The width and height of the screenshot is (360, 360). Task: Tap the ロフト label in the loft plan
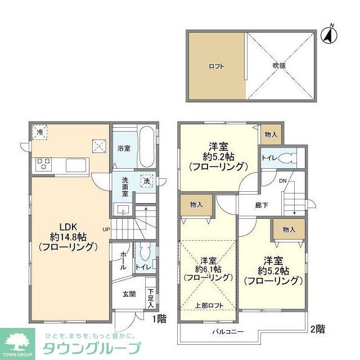pyautogui.click(x=216, y=66)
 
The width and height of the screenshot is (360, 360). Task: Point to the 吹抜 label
pyautogui.click(x=280, y=66)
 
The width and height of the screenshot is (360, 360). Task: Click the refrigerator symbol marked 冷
pyautogui.click(x=40, y=132)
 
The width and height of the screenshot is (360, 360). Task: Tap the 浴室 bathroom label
pyautogui.click(x=124, y=148)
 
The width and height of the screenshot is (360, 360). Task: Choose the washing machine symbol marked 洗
pyautogui.click(x=146, y=183)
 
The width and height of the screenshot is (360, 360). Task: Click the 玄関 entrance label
pyautogui.click(x=129, y=294)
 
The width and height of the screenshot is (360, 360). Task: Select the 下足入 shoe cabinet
pyautogui.click(x=150, y=298)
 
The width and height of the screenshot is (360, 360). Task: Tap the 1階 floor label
pyautogui.click(x=159, y=319)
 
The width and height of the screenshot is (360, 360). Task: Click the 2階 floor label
pyautogui.click(x=317, y=328)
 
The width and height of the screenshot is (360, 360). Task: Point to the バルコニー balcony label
pyautogui.click(x=227, y=332)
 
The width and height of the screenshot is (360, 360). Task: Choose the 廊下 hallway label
pyautogui.click(x=260, y=205)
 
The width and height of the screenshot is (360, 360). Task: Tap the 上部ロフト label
pyautogui.click(x=208, y=306)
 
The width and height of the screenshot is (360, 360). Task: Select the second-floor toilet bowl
pyautogui.click(x=289, y=157)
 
